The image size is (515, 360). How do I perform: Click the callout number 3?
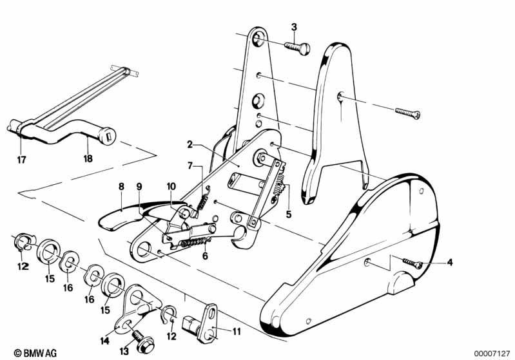point(294,26)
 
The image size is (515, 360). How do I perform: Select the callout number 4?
point(449,262)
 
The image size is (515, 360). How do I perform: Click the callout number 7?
point(190,166)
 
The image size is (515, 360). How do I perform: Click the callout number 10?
point(170,186)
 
